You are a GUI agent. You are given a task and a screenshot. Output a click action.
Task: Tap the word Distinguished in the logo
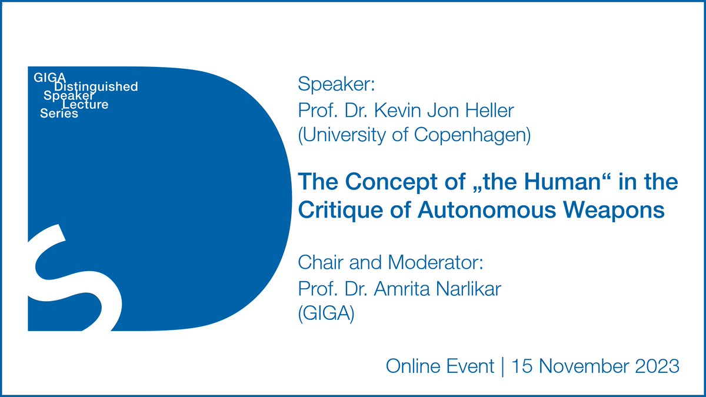pos(96,87)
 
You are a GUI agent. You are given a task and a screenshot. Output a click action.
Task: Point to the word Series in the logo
pos(59,114)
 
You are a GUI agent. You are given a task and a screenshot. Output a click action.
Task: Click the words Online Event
pos(439,366)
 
